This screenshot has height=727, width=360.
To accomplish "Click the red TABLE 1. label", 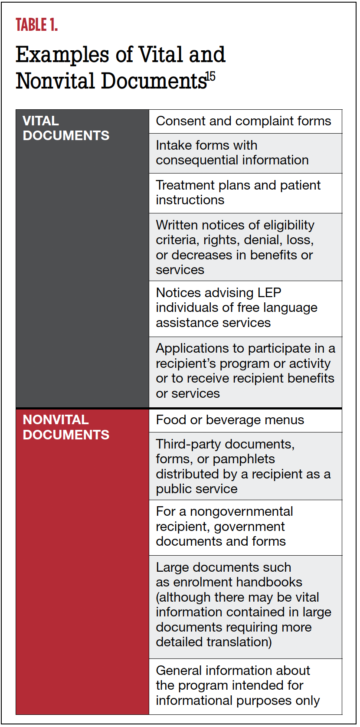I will coord(37,25).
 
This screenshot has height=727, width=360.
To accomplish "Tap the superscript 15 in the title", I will coord(210,76).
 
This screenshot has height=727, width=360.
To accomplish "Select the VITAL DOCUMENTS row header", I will coord(66,128).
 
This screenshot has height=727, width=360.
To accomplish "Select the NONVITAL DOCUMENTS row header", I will coord(66,427).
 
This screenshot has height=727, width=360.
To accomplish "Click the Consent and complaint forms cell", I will coord(243,121).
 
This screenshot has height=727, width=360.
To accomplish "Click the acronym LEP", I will coord(269,293).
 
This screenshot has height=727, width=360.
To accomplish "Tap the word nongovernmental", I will coord(242,511).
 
